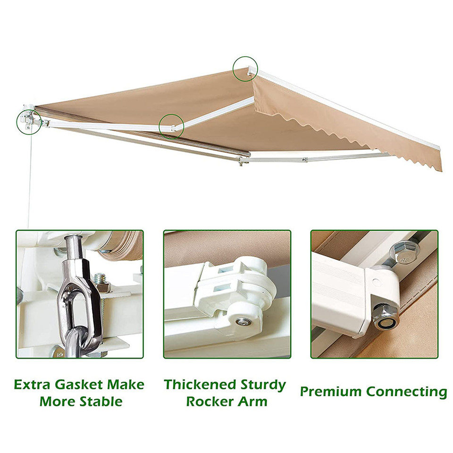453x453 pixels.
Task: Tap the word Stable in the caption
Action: point(99,402)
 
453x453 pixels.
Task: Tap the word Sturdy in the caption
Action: point(262,385)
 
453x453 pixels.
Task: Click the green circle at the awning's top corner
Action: point(245,68)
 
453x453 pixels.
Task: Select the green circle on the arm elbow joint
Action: point(171,126)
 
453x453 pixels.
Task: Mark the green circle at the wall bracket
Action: point(28,121)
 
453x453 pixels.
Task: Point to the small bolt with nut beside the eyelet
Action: point(101,281)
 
